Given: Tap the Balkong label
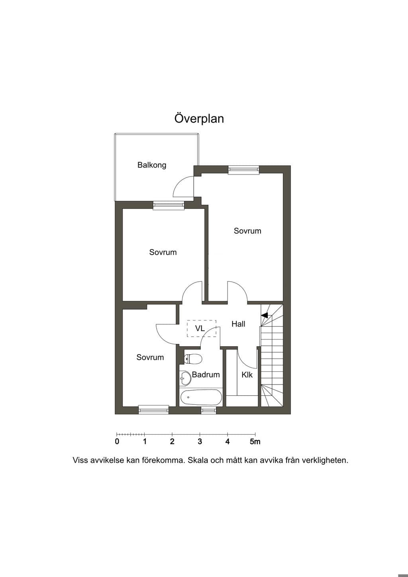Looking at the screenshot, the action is [x=152, y=165].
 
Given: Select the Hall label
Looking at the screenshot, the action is [x=238, y=324].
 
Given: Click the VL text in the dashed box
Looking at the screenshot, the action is [x=200, y=328].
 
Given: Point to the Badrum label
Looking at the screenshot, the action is [x=206, y=375].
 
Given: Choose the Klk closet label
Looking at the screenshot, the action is [x=247, y=375].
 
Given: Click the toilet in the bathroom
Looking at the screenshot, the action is [x=193, y=359].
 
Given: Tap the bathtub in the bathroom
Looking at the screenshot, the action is [x=201, y=397].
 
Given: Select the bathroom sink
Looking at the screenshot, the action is [x=185, y=378].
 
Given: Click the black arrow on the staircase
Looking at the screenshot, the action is [x=265, y=315].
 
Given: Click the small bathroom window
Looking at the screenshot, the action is [x=209, y=410].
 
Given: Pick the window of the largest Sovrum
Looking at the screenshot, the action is [x=243, y=170].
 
